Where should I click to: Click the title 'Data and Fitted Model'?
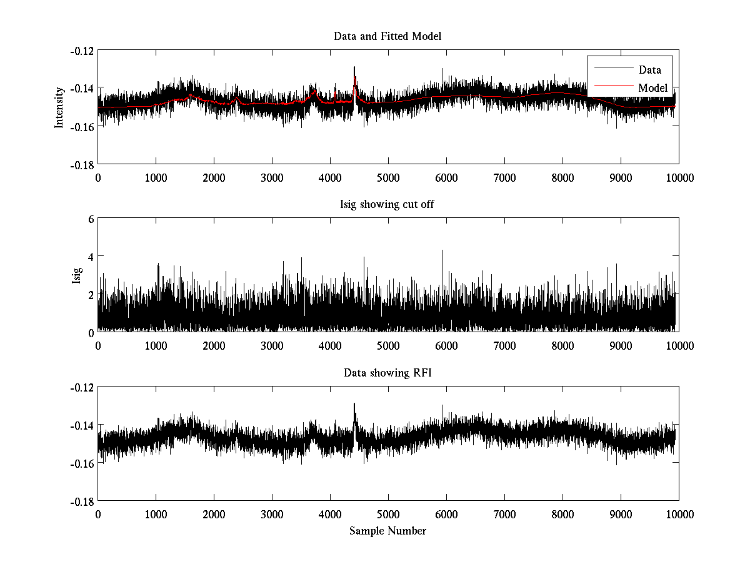click(x=387, y=36)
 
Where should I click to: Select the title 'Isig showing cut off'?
click(x=387, y=205)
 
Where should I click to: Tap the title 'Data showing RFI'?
click(x=387, y=373)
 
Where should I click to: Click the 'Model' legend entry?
click(x=652, y=88)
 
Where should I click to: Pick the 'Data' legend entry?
click(x=649, y=70)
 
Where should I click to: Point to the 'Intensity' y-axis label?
click(x=59, y=107)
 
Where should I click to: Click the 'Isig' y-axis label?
click(x=77, y=275)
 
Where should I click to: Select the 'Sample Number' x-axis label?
click(x=387, y=531)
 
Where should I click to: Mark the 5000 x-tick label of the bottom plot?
click(x=387, y=515)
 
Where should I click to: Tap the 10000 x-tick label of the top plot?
click(x=679, y=177)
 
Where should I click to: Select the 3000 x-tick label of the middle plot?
click(x=272, y=346)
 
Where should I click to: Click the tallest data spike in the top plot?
click(x=354, y=67)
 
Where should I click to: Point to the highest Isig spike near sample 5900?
click(x=442, y=251)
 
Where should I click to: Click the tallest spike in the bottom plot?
click(x=354, y=404)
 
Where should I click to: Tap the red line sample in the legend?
click(x=610, y=88)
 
